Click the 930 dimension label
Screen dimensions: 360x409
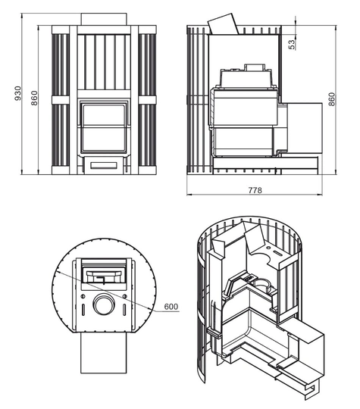pos(17,93)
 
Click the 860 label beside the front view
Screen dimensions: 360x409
pos(34,98)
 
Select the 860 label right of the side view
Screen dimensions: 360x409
pos(331,99)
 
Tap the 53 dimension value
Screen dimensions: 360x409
pos(292,44)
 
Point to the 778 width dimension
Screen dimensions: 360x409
pos(255,190)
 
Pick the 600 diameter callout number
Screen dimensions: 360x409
pos(171,307)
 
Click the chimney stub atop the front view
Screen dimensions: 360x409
pos(104,19)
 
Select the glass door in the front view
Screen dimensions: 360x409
pos(104,127)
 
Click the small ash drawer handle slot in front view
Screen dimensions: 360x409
pos(104,165)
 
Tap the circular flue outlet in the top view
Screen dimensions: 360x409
pos(104,304)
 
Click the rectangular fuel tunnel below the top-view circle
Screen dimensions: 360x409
pos(104,353)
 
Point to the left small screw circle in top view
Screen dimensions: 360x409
pos(83,296)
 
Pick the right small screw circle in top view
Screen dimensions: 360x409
pos(125,296)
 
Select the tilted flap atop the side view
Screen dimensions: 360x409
pos(224,24)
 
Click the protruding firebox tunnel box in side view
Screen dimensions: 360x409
pos(304,128)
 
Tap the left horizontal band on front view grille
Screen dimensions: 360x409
pos(61,100)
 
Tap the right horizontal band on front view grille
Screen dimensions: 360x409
pos(147,100)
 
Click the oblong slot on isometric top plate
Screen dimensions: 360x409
pos(277,253)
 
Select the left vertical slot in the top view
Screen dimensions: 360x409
pos(83,310)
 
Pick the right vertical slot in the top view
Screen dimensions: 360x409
pos(124,310)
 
